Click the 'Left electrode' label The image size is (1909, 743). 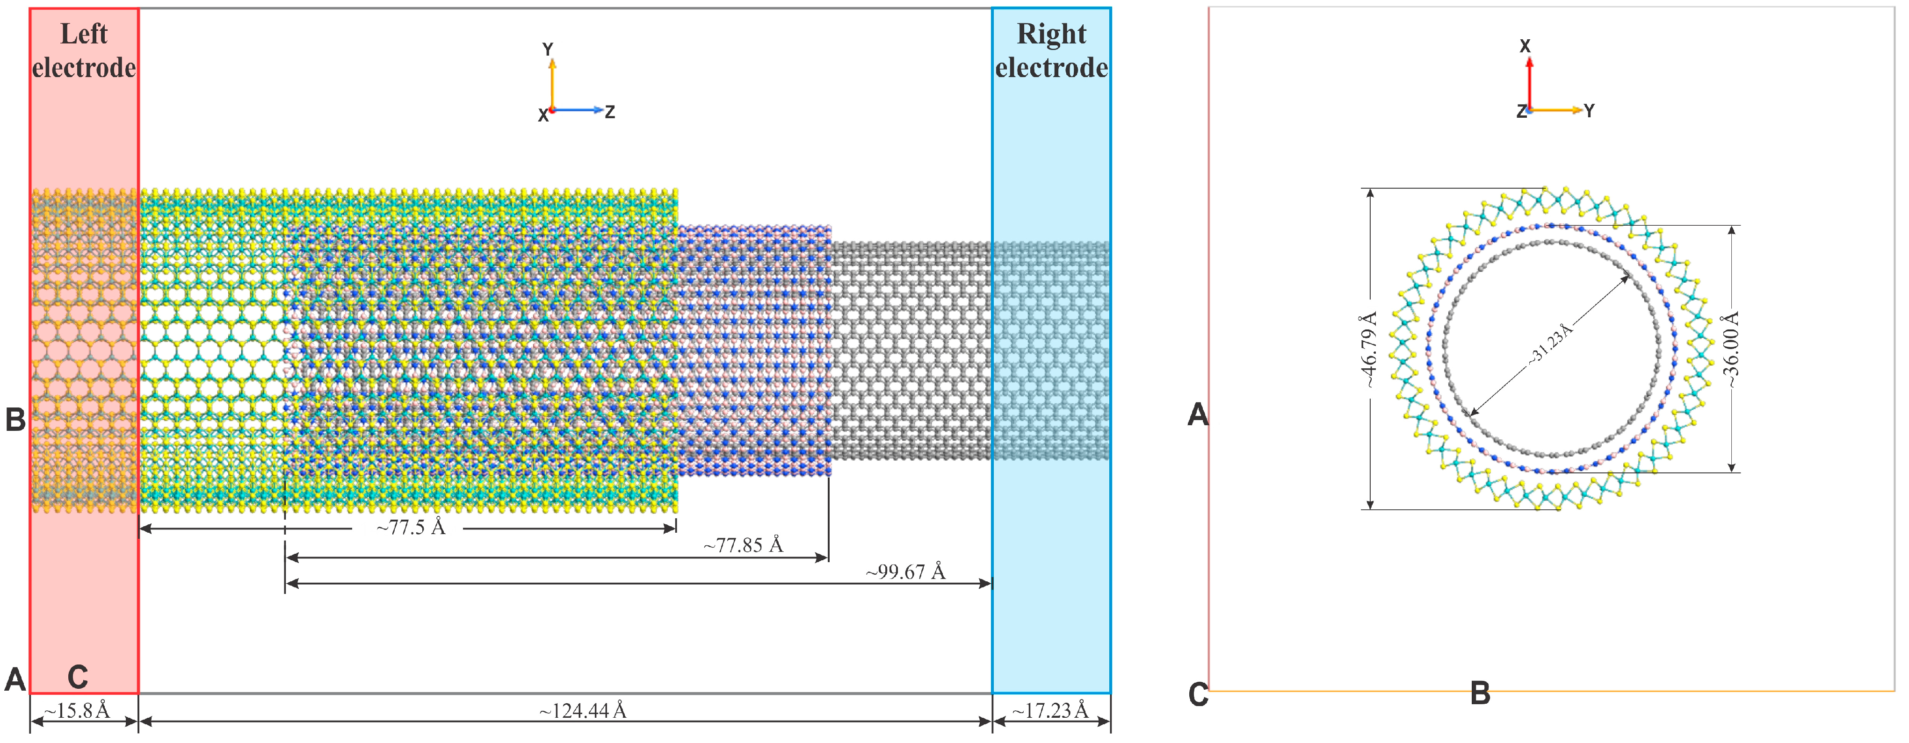84,50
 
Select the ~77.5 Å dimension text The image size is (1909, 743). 411,528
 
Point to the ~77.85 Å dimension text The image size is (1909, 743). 743,545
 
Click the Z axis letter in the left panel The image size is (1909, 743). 610,112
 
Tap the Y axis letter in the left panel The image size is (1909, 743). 548,49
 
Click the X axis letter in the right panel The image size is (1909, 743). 1525,46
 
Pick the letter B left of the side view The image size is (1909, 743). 15,419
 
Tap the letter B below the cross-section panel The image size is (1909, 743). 1480,694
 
